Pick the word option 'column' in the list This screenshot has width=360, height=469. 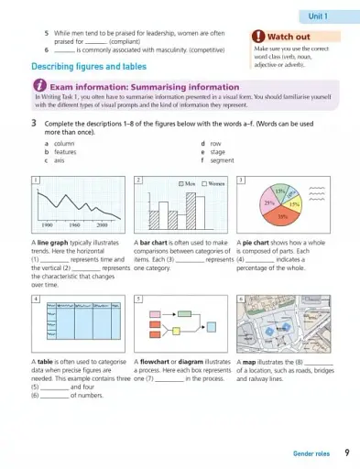coord(65,144)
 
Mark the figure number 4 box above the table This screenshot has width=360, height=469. coord(35,299)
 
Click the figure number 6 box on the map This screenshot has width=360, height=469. coord(240,299)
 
